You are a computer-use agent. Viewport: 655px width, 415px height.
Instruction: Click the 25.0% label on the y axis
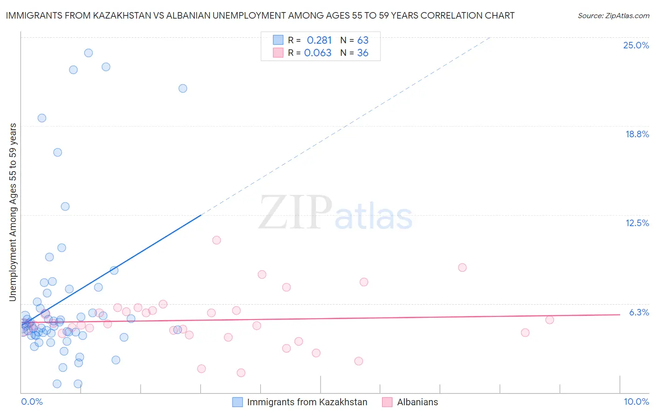[x=636, y=45]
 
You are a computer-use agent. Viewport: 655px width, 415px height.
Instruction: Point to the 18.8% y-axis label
[x=637, y=134]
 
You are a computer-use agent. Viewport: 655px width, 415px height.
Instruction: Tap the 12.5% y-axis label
[x=637, y=223]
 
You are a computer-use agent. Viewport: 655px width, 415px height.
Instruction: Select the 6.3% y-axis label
[x=639, y=312]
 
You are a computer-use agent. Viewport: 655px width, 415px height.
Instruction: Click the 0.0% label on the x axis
[x=32, y=402]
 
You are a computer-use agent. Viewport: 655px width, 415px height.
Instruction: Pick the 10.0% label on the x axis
[x=636, y=402]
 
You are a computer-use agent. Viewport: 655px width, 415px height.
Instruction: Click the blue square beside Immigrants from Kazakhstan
[x=238, y=402]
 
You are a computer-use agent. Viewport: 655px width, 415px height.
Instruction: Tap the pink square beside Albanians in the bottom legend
[x=387, y=402]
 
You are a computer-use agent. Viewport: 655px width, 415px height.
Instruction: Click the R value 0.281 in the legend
[x=319, y=40]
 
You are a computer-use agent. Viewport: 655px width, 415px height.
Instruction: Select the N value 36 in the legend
[x=362, y=53]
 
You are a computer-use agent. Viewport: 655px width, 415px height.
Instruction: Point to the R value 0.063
[x=318, y=53]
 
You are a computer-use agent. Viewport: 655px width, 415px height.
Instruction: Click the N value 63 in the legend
[x=362, y=40]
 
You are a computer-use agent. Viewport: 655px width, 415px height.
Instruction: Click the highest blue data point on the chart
[x=89, y=53]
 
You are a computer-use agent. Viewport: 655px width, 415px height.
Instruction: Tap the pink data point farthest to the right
[x=550, y=320]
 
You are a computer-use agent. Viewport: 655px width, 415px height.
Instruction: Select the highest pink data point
[x=217, y=240]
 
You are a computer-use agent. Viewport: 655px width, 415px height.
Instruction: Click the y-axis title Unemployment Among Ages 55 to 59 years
[x=13, y=212]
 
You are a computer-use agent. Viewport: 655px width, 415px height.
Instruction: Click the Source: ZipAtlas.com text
[x=613, y=15]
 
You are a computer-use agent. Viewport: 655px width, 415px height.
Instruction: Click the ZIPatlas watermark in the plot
[x=335, y=213]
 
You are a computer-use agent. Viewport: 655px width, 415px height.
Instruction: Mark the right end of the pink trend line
[x=620, y=315]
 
